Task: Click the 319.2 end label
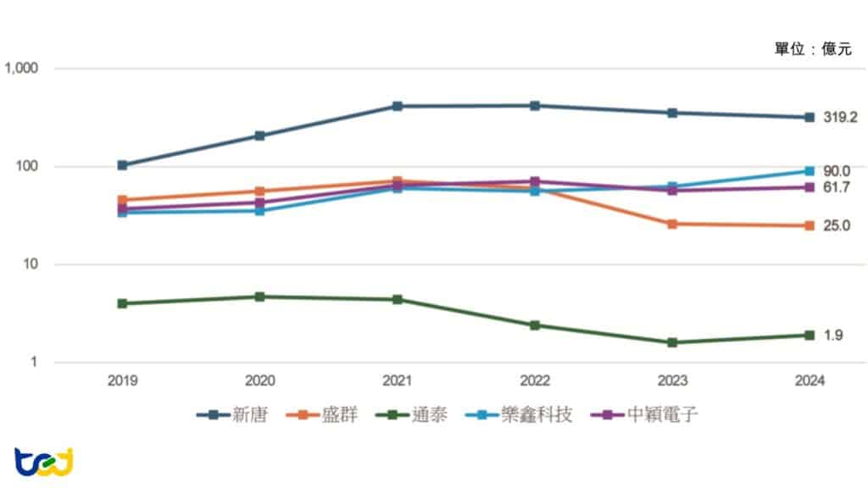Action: point(840,118)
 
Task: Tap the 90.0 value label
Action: point(836,171)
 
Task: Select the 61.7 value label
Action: point(836,187)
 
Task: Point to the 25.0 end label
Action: point(836,226)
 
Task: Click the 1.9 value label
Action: point(832,335)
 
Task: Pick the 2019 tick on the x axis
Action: point(122,381)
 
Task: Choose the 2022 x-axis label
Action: point(535,381)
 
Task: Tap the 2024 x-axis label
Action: point(810,381)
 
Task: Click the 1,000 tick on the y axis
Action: point(22,68)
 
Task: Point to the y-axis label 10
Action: point(31,264)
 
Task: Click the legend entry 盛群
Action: point(322,416)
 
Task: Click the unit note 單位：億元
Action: point(812,50)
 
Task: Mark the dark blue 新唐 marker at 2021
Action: point(397,107)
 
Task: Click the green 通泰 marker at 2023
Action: point(672,343)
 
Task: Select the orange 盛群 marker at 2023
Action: point(672,225)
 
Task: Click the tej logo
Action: point(44,463)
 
